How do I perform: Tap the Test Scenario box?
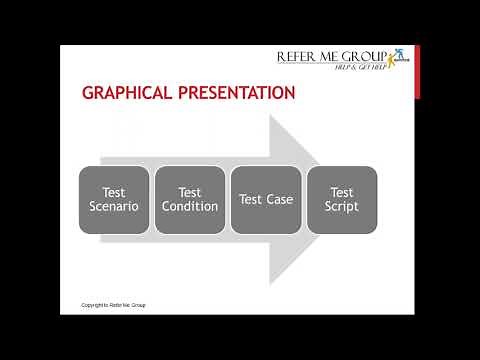114,200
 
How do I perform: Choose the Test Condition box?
190,200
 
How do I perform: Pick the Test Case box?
266,200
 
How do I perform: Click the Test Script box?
342,200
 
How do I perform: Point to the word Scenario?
114,207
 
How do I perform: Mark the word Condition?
190,207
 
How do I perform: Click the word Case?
280,200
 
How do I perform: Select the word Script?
342,207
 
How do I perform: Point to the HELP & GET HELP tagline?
358,69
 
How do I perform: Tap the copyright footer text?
113,304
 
